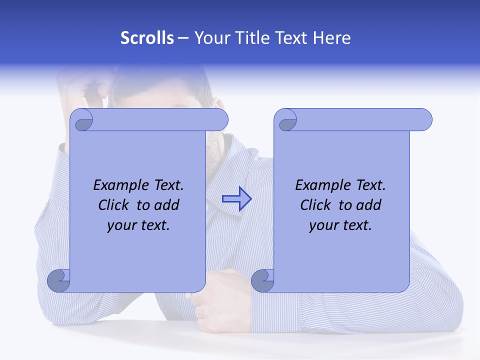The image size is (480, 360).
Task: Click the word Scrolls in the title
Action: pos(147,38)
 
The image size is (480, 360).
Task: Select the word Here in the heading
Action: pos(331,38)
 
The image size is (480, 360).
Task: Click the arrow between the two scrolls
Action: pos(236,199)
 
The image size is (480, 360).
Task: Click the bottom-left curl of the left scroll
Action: pos(59,280)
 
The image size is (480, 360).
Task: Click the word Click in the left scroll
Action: pos(113,205)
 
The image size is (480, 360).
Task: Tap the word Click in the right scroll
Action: pos(315,205)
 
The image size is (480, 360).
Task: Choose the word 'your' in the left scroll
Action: pos(120,225)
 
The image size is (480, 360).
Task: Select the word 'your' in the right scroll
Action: pos(322,225)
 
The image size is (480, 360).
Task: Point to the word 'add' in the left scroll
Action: pos(167,205)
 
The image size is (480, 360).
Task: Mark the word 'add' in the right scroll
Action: pos(369,205)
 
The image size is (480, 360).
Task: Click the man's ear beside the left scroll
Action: pos(218,104)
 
